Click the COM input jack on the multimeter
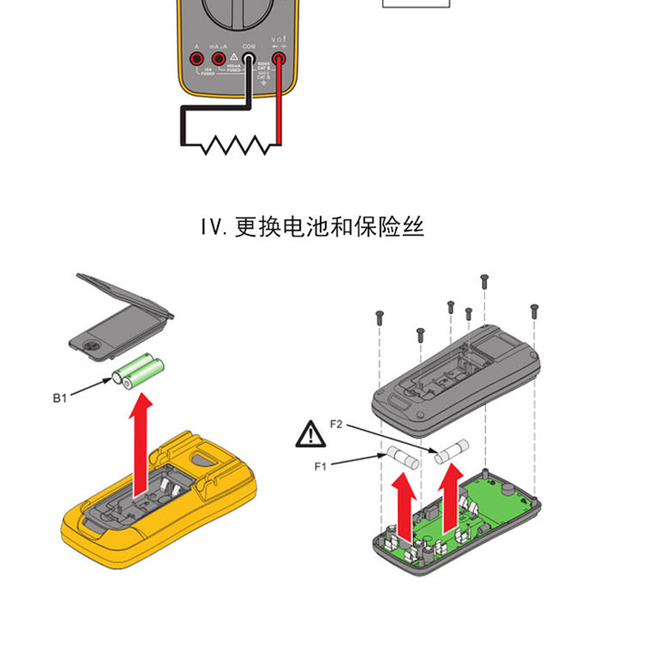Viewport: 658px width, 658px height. click(x=249, y=60)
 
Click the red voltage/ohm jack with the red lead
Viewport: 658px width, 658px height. click(x=278, y=60)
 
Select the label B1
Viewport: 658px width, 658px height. click(x=60, y=399)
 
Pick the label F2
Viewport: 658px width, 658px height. click(x=336, y=423)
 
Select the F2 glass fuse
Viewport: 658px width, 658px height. click(x=452, y=451)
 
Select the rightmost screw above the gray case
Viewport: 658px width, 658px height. click(x=534, y=309)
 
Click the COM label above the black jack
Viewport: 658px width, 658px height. click(x=249, y=47)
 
